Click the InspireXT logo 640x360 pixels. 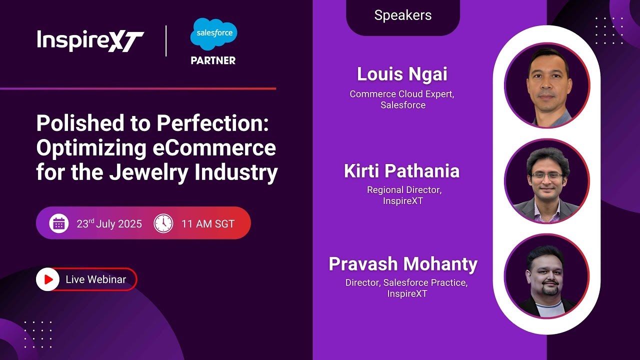tap(90, 40)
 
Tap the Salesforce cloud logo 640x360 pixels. tap(213, 34)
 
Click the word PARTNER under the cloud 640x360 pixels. tap(213, 60)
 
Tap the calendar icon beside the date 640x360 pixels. tap(59, 223)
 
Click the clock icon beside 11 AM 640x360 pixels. tap(163, 223)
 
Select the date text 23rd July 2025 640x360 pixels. tap(109, 223)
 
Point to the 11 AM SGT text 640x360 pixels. tap(208, 223)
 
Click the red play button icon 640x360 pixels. tap(48, 279)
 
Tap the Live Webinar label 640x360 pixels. tap(96, 279)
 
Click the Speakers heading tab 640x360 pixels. tap(402, 15)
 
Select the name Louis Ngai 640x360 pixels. tap(402, 74)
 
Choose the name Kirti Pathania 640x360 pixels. tap(402, 171)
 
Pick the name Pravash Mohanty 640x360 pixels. tap(403, 264)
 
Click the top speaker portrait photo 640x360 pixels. tap(547, 86)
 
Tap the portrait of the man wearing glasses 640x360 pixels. tap(547, 181)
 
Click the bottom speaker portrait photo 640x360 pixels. tap(547, 276)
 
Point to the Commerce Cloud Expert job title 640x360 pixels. tap(402, 94)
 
